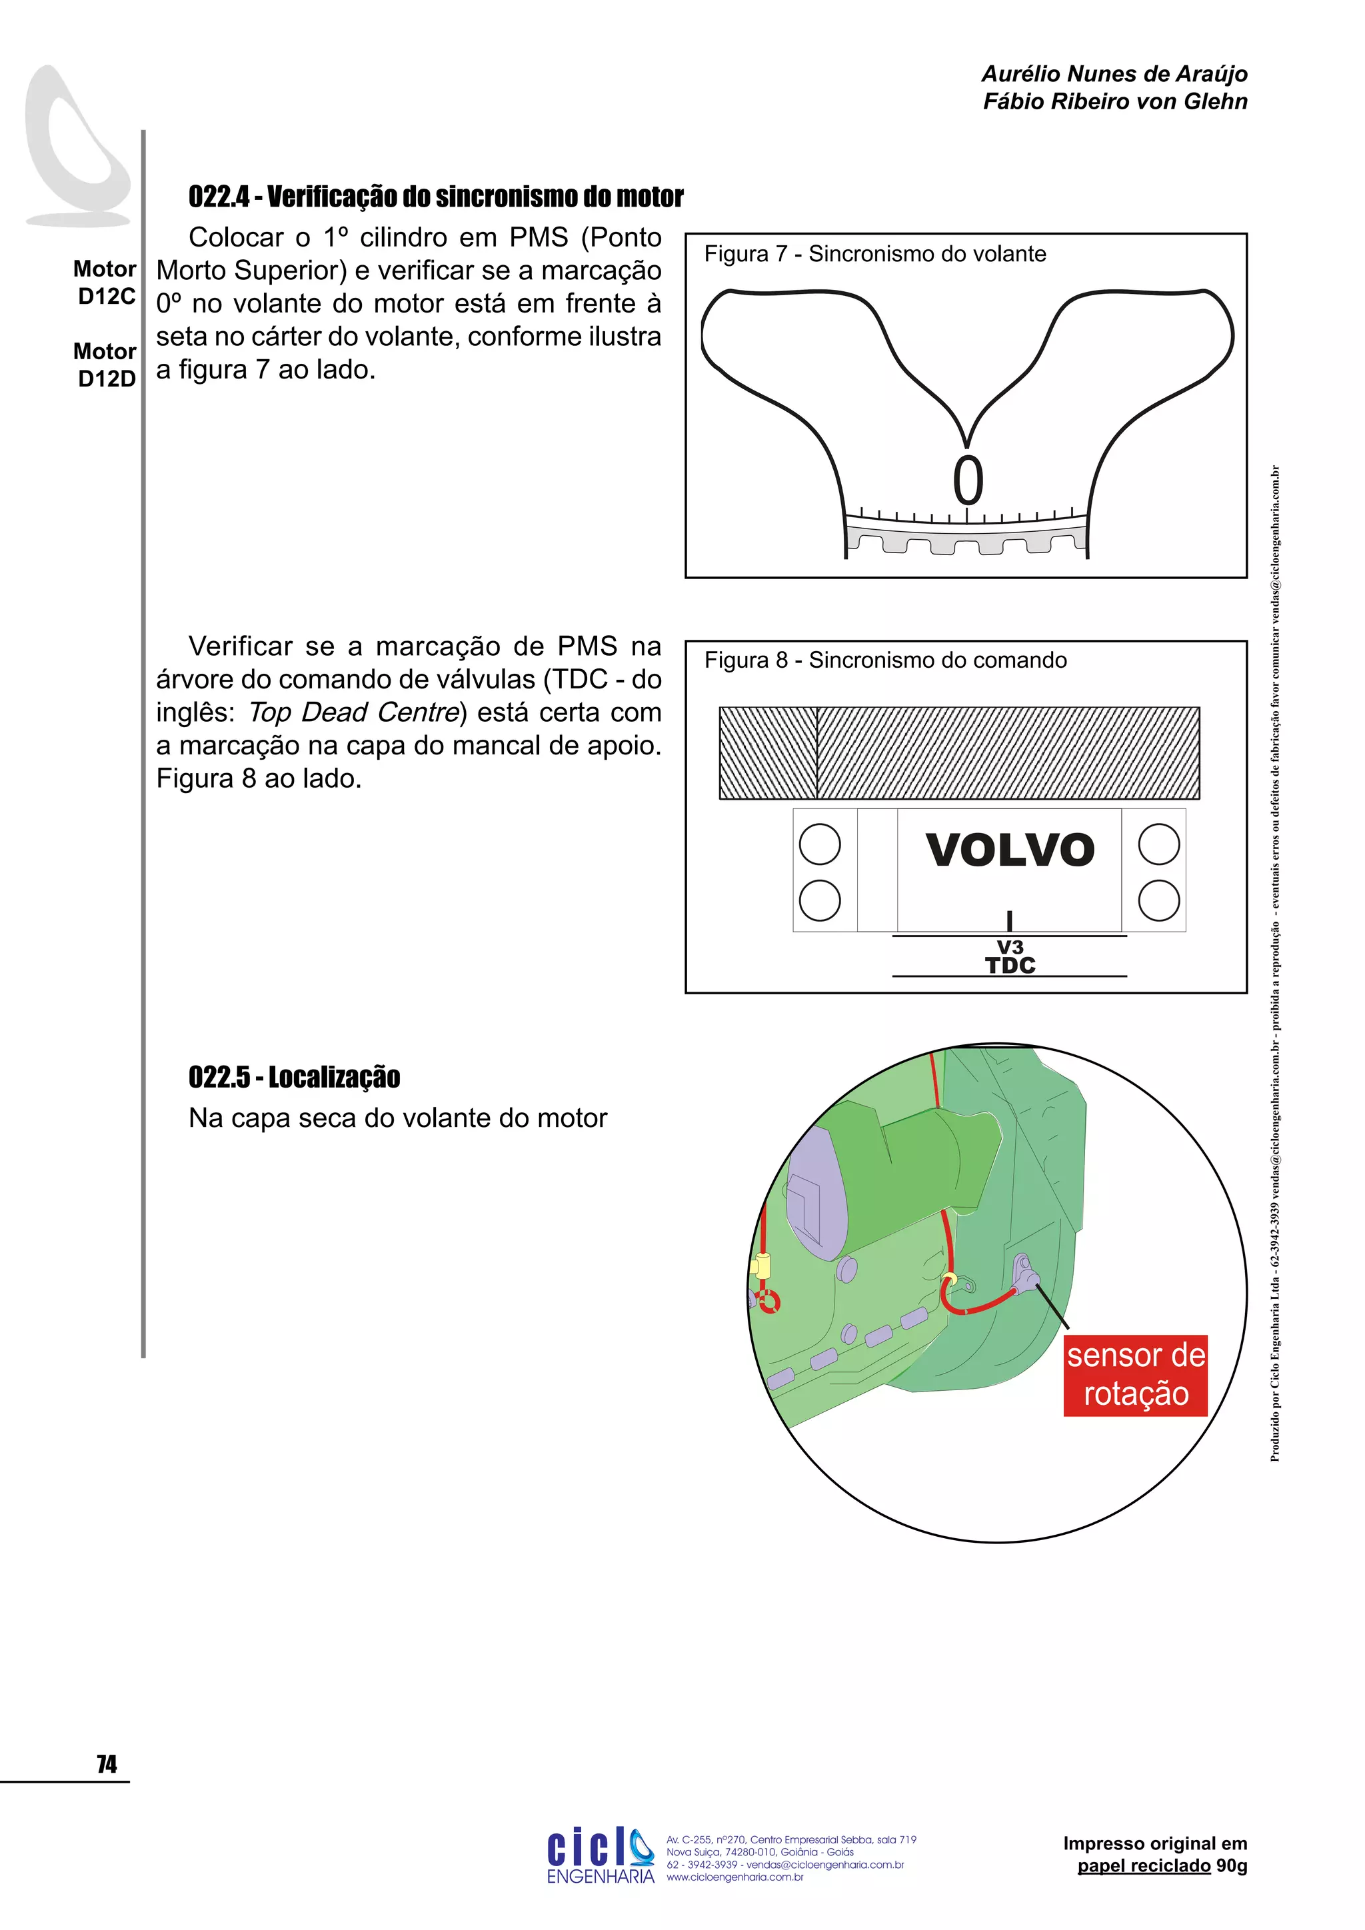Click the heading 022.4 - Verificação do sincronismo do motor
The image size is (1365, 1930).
(435, 197)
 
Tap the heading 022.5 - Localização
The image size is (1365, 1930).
(294, 1077)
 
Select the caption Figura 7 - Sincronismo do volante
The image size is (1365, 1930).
(875, 254)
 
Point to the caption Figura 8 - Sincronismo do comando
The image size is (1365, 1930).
(885, 660)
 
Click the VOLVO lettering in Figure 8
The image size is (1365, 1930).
(1010, 850)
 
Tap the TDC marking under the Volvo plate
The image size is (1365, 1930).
(1010, 965)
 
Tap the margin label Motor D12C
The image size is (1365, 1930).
(105, 283)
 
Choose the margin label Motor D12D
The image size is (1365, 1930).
(105, 365)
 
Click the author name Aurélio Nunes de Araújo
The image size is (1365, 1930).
(1114, 74)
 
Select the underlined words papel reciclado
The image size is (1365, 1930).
(1143, 1865)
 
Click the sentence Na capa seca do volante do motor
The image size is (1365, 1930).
(397, 1119)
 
